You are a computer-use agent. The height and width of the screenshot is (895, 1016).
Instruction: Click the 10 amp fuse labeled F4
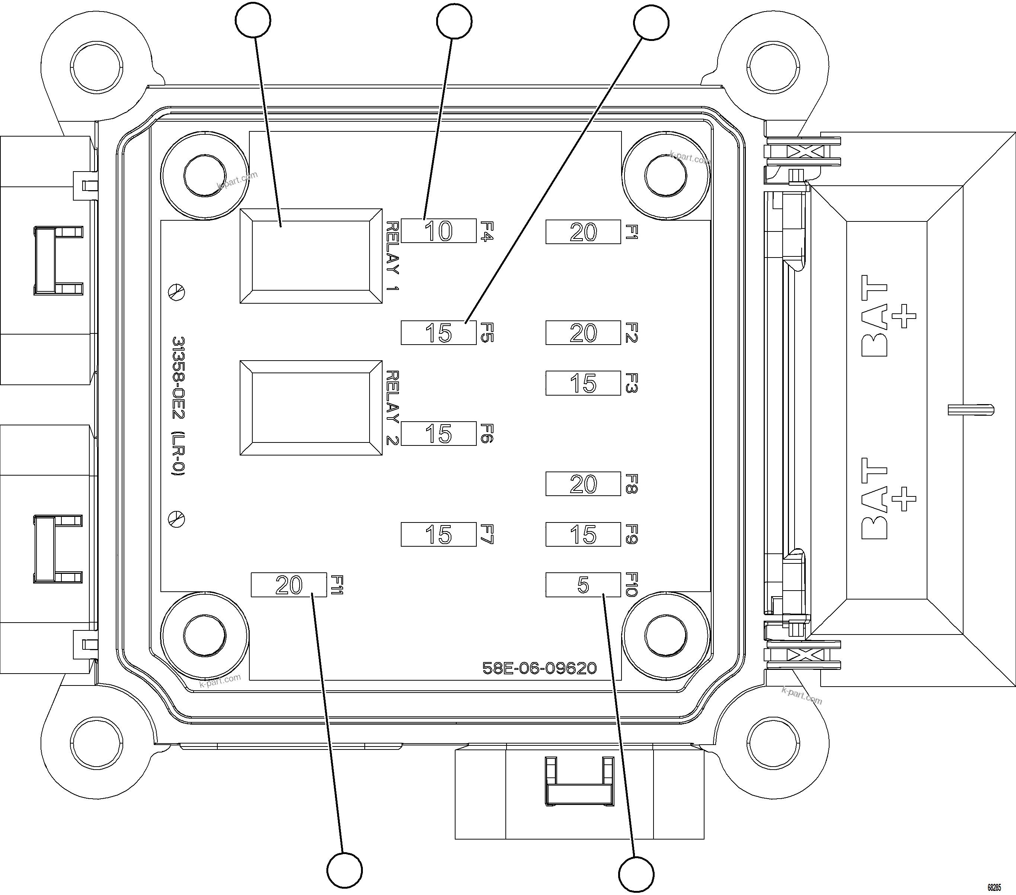click(438, 231)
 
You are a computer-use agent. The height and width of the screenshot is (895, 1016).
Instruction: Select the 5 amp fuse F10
click(583, 585)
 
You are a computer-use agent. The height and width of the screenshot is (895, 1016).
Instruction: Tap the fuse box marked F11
click(289, 585)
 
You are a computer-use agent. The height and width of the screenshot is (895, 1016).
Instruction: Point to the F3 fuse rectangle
click(583, 383)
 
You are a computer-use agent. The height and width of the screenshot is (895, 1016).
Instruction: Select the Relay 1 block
click(311, 256)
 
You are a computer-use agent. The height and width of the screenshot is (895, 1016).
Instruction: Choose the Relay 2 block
click(311, 407)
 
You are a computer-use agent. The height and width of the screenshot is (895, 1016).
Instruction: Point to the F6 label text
click(487, 433)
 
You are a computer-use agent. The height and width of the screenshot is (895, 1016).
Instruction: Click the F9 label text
click(631, 534)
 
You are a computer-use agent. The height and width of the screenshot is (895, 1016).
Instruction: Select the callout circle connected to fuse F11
click(345, 870)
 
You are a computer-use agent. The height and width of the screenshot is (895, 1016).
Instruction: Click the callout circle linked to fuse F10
click(636, 874)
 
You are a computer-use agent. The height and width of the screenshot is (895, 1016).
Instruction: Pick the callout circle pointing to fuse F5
click(651, 22)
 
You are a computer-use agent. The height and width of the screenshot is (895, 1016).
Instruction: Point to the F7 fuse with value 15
click(438, 535)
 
